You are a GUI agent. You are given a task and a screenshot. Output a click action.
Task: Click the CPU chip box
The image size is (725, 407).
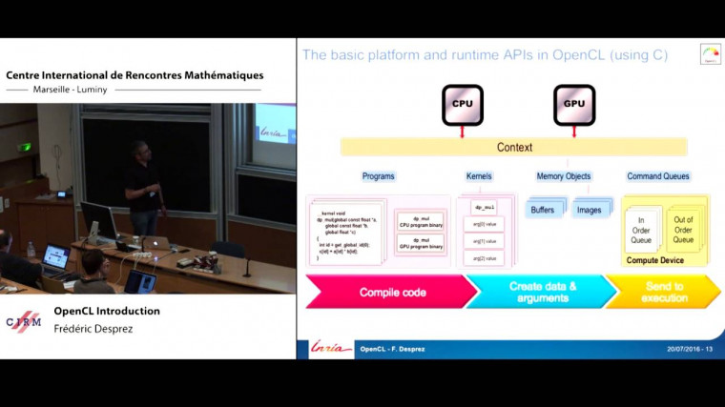(463, 105)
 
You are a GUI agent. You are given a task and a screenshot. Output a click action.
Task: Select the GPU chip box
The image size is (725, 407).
(574, 105)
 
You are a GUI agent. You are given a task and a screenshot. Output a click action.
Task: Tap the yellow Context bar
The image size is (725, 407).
(514, 148)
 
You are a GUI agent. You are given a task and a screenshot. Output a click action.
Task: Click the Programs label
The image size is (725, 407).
(378, 176)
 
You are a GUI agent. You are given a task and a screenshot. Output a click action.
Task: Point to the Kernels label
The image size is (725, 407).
(479, 176)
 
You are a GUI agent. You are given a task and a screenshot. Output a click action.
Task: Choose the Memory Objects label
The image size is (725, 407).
(564, 176)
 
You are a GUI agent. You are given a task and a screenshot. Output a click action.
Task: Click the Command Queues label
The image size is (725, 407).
(658, 176)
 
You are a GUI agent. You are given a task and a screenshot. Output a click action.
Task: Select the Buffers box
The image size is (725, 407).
(542, 210)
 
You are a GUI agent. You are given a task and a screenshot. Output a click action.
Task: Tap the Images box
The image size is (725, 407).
(590, 210)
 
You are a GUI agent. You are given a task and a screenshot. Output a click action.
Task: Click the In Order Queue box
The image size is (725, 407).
(641, 230)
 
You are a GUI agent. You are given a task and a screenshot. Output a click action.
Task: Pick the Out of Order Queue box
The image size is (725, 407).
(684, 229)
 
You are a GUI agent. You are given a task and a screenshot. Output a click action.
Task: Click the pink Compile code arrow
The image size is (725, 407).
(386, 292)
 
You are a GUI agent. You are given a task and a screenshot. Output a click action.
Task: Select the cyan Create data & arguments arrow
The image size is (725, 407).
(536, 292)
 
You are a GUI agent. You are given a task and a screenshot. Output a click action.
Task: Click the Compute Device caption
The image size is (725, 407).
(662, 259)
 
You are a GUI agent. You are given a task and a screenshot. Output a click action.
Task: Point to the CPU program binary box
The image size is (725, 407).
(421, 220)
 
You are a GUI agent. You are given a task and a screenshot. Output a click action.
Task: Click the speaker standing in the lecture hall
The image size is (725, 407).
(144, 186)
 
